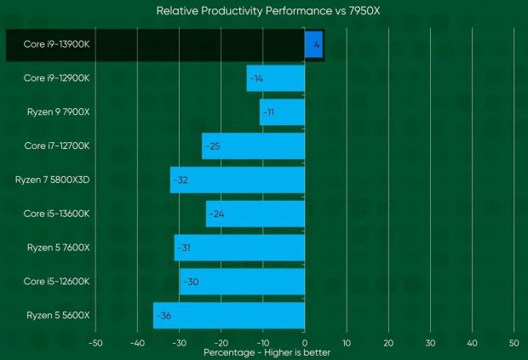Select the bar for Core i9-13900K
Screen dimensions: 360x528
coord(313,44)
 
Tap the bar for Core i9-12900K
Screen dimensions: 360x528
coord(275,78)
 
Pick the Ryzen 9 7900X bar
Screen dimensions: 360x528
coord(282,112)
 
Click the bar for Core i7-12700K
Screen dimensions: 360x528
coord(253,146)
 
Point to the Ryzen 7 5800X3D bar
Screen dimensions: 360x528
coord(238,180)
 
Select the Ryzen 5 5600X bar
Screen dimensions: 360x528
coord(229,316)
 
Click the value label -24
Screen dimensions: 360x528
coord(215,214)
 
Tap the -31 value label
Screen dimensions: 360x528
coord(187,248)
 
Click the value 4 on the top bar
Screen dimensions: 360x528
coord(316,44)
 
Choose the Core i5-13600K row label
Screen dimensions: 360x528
coord(56,214)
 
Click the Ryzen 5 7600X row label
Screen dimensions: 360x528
coord(58,248)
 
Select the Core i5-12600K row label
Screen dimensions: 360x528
coord(56,282)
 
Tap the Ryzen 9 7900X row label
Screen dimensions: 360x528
coord(58,112)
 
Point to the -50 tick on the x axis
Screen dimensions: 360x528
coord(95,343)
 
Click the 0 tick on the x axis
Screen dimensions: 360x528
coord(305,343)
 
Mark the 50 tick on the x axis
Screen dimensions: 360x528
coord(514,343)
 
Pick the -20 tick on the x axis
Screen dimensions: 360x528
coord(221,343)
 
